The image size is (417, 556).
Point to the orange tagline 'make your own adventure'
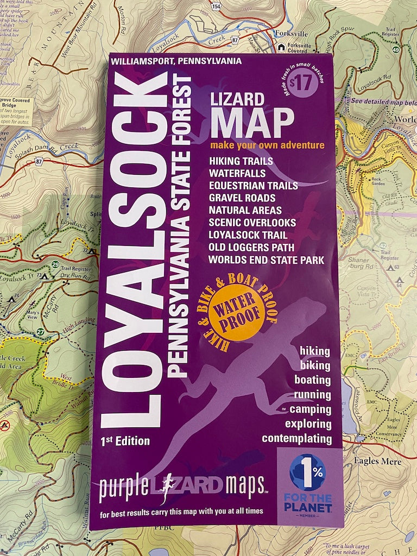coord(267,146)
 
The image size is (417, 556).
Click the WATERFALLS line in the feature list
coord(237,173)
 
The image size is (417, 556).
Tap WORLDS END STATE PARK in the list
coord(266,260)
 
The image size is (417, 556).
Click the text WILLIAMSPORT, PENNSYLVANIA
coord(175,61)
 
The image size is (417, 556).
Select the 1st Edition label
coord(125,441)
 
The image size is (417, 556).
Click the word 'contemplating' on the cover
coord(296,438)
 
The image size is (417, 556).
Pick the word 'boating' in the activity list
coord(312,380)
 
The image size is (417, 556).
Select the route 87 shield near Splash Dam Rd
coord(39,161)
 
